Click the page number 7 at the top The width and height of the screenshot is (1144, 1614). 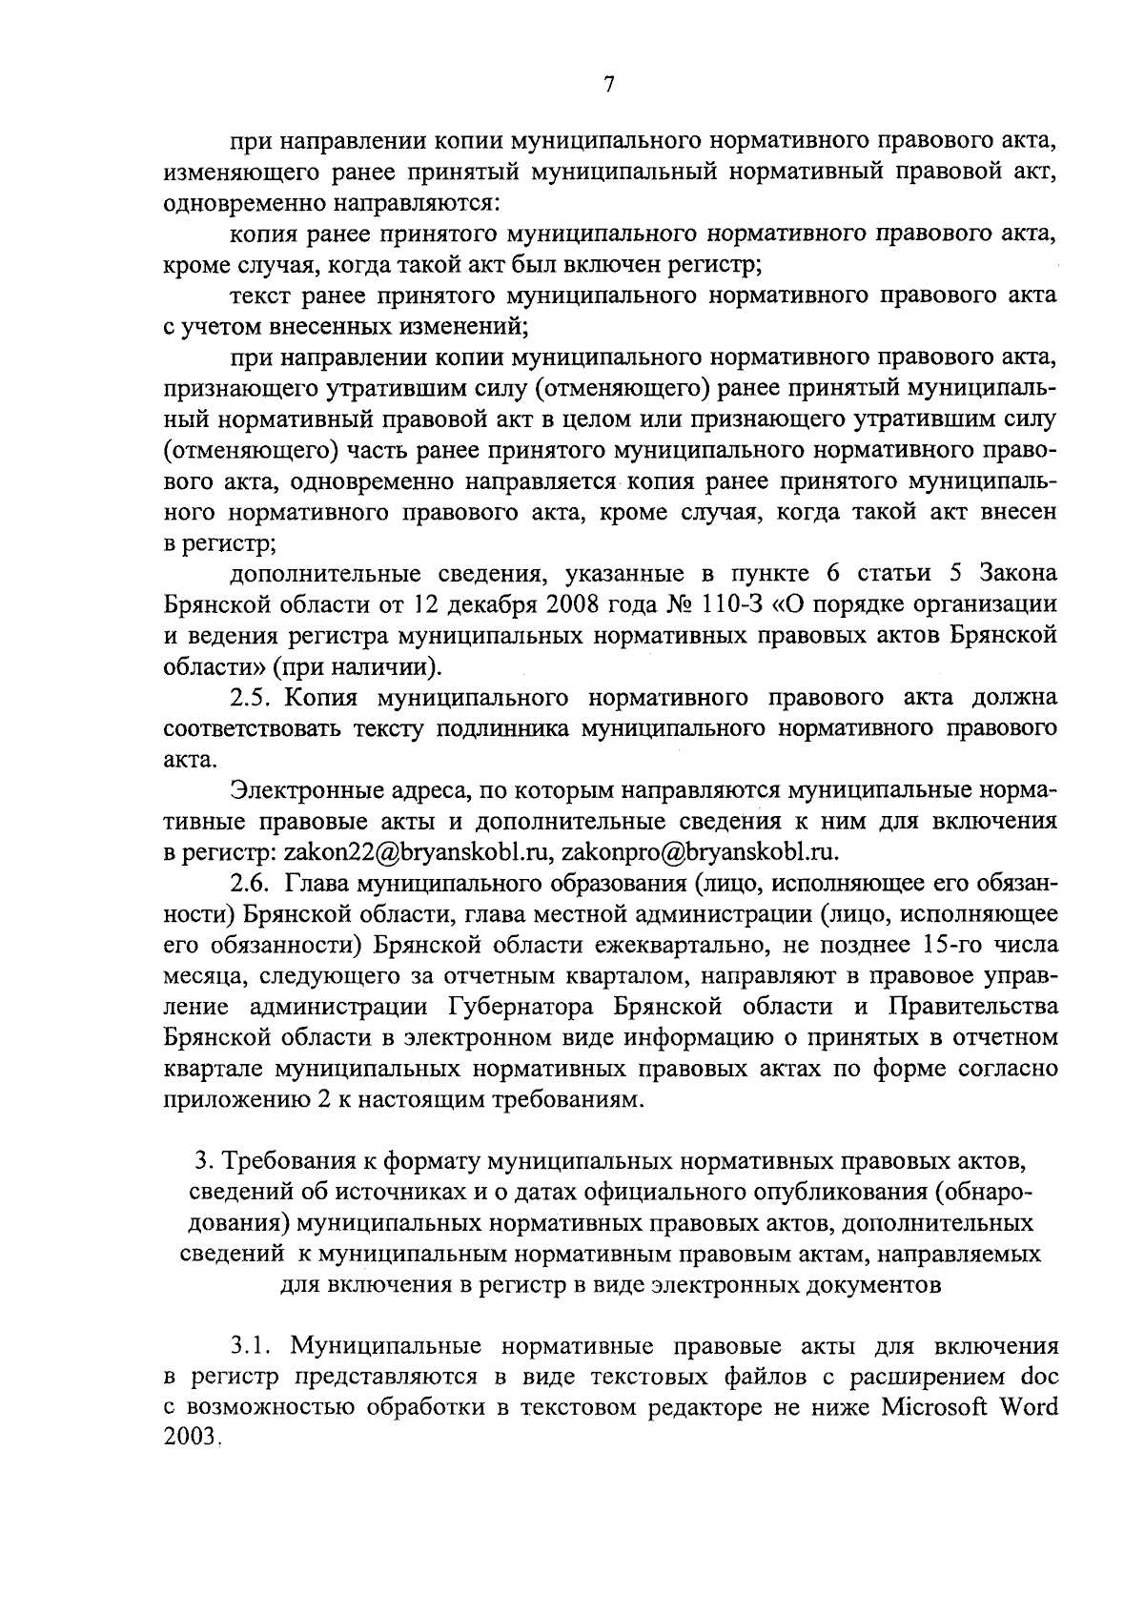click(x=609, y=85)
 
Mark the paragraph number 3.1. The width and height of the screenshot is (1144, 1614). click(x=251, y=1346)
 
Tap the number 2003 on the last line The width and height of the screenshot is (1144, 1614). click(x=191, y=1438)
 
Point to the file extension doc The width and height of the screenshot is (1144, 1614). click(x=1039, y=1377)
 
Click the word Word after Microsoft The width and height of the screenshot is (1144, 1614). click(x=1028, y=1407)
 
